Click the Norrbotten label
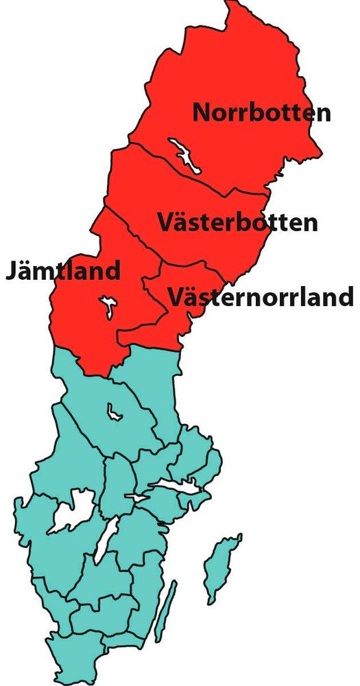click(261, 113)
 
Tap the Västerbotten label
click(237, 222)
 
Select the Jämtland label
click(63, 270)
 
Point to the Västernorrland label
click(261, 298)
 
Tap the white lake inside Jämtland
click(107, 307)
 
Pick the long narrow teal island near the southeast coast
click(165, 611)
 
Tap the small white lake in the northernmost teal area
click(114, 412)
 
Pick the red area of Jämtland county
click(82, 329)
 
